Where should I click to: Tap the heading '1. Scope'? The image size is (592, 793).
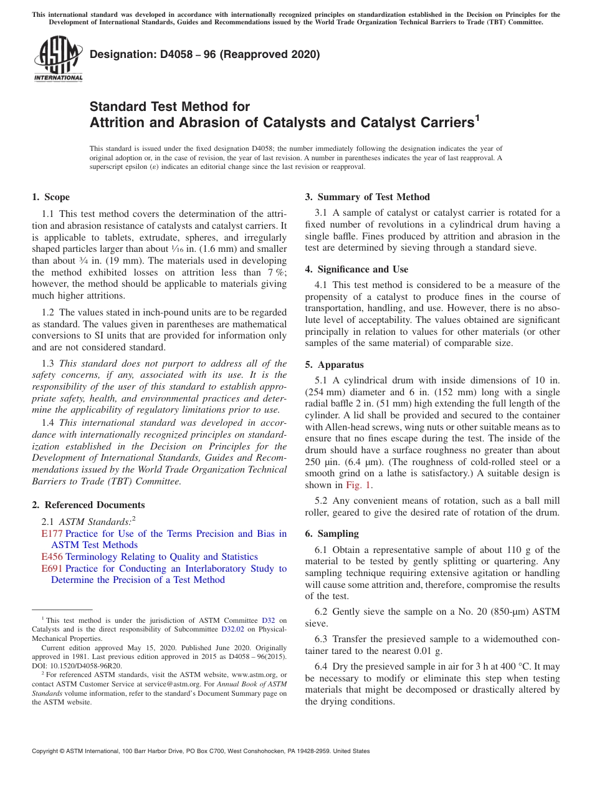coord(50,197)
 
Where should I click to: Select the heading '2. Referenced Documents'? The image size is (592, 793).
coord(88,505)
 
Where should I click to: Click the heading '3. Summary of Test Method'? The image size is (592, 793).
coord(367,197)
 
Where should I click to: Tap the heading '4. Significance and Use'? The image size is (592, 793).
coord(356,269)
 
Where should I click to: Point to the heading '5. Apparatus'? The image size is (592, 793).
coord(334,365)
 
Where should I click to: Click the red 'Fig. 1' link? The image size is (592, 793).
coord(359,485)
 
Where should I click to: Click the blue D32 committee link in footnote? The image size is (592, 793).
coord(268,620)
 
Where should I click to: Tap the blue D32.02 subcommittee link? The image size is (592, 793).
coord(232,630)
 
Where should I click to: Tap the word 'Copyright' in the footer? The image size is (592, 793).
coord(46,751)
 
